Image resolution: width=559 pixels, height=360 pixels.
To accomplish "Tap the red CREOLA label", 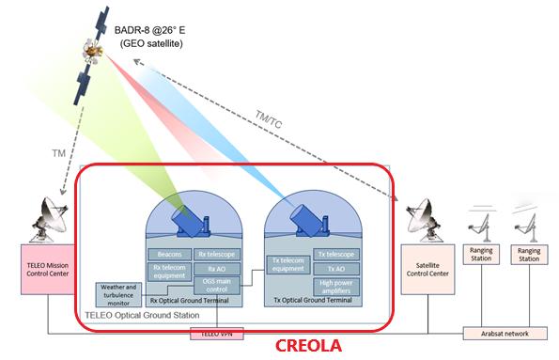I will (x=307, y=346).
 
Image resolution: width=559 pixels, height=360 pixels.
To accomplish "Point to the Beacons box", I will (x=169, y=254).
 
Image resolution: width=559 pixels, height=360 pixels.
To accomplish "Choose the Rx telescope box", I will (x=217, y=254).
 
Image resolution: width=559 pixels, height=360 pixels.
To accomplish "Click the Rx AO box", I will (x=217, y=268).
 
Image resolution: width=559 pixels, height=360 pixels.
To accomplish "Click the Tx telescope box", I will (x=335, y=254).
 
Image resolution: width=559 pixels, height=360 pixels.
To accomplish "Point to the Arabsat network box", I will (x=505, y=333).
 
